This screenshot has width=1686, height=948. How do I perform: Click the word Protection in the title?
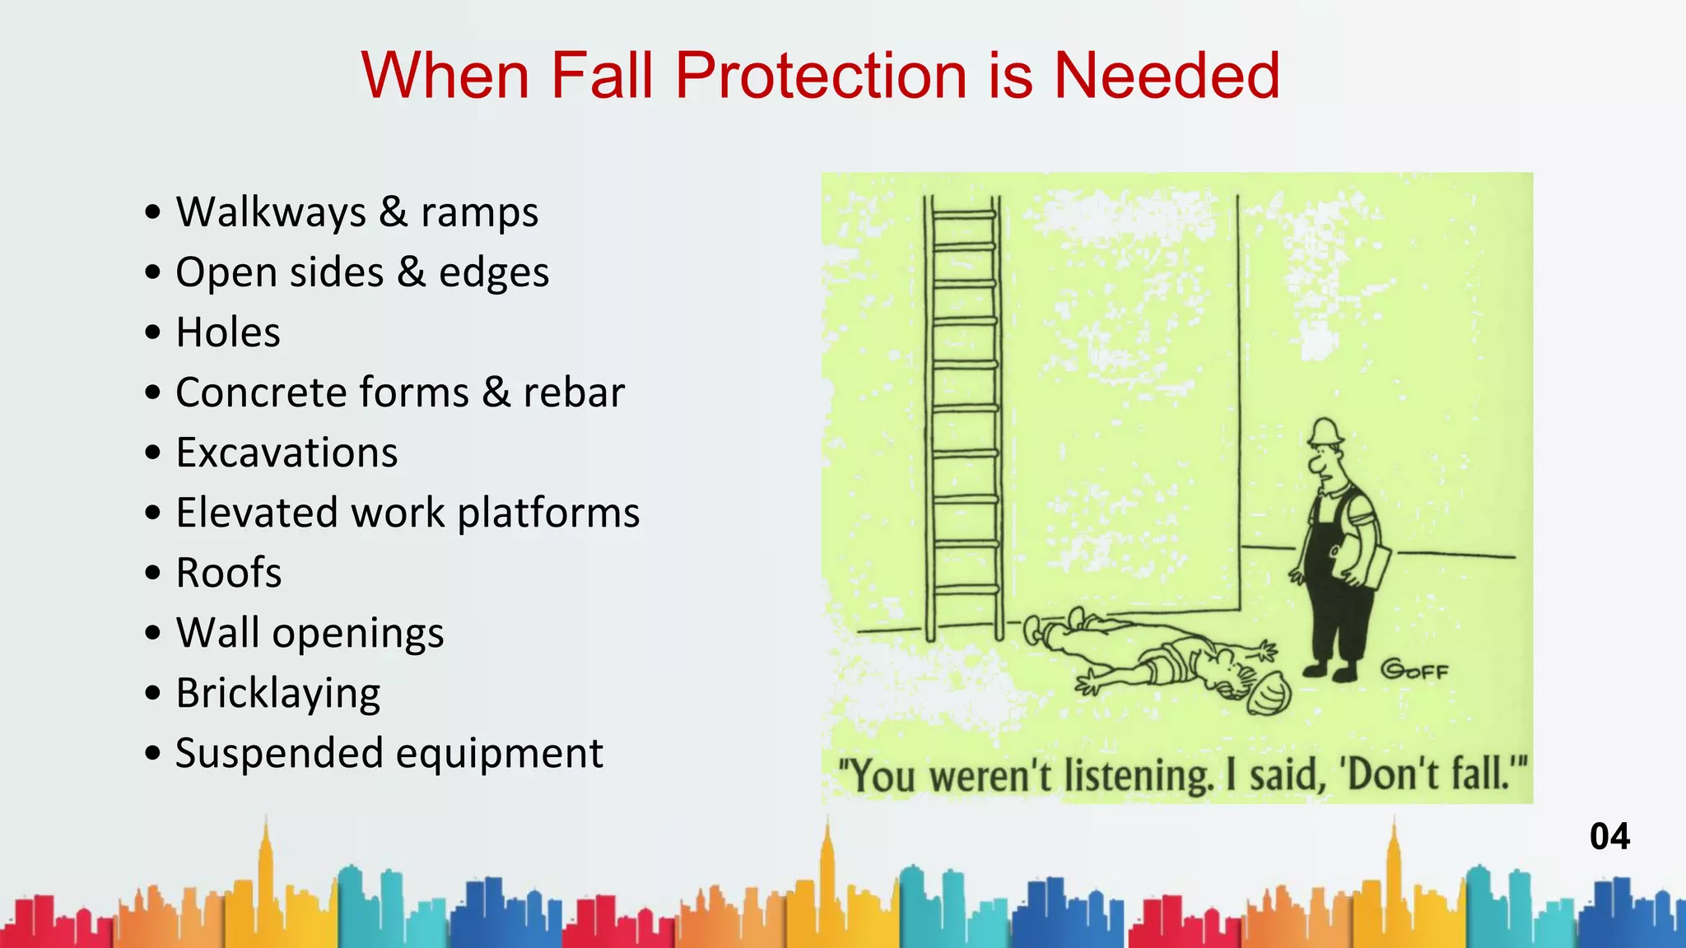822,76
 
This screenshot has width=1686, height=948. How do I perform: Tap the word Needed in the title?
1167,76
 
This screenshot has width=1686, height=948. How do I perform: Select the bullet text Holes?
228,332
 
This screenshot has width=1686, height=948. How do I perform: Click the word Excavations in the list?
286,453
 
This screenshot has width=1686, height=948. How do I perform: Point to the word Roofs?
229,573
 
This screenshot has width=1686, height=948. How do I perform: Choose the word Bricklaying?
278,694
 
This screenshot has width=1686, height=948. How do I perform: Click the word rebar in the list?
574,393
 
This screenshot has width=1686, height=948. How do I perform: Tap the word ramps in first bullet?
479,212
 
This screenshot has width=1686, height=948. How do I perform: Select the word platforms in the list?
548,513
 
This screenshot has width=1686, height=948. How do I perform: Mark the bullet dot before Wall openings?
153,634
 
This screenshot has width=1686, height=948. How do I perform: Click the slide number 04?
1609,837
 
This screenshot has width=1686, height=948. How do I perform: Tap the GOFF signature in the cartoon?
1414,670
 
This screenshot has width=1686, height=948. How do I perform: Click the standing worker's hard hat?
1325,431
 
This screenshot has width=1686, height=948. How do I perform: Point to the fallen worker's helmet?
1269,693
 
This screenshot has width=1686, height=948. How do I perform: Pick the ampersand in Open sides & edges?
411,272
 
